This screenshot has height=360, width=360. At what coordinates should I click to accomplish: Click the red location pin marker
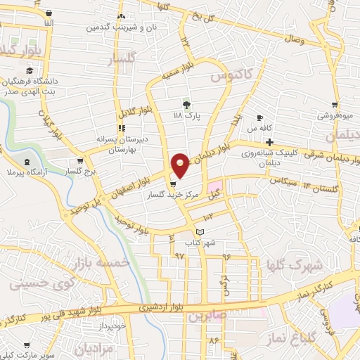click(180, 165)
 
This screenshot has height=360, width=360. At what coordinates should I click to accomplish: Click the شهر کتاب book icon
click(200, 232)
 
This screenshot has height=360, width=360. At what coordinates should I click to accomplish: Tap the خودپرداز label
click(111, 326)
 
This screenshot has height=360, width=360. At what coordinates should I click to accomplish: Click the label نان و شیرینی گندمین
click(119, 27)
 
